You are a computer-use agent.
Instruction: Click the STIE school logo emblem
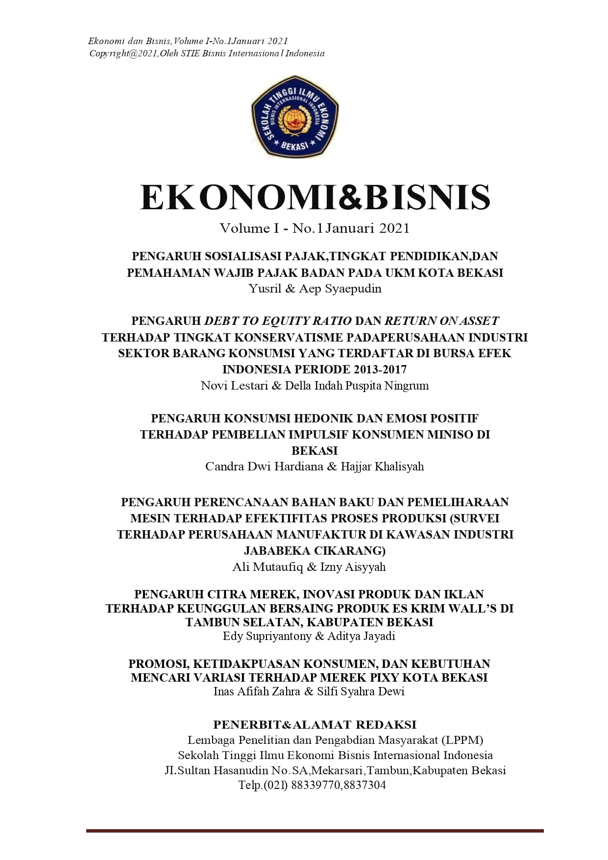294,117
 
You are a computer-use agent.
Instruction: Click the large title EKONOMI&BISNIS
315,197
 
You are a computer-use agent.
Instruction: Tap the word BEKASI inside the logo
294,146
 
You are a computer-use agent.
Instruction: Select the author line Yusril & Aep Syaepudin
315,289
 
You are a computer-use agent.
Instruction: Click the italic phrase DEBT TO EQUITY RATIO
278,321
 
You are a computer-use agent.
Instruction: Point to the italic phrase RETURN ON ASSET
441,321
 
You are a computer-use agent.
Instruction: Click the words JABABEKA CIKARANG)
315,550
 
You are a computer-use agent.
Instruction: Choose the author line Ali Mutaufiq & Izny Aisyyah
309,567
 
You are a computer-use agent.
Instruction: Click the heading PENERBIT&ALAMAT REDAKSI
315,724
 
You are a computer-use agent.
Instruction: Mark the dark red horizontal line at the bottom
315,831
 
